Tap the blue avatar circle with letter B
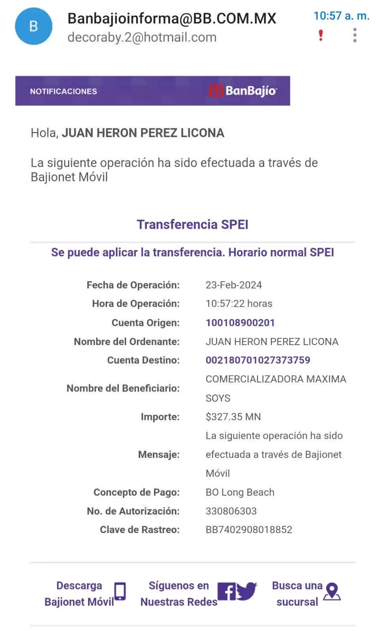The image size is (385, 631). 34,26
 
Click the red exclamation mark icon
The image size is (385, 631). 321,35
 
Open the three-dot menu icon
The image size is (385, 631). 355,35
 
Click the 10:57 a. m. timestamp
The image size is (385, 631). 342,16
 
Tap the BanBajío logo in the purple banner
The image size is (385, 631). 243,91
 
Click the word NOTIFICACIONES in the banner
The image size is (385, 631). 64,91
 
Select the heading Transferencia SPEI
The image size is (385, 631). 193,224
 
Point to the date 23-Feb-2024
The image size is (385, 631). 233,285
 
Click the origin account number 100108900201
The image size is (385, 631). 240,323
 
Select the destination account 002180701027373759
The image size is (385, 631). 258,360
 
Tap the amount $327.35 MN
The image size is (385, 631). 233,416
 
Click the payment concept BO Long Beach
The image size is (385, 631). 240,492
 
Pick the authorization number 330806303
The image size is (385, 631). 231,511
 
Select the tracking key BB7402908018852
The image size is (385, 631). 249,530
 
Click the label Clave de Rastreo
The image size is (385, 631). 140,530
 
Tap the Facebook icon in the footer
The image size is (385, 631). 227,591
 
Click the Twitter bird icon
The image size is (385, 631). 247,591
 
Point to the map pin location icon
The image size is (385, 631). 332,591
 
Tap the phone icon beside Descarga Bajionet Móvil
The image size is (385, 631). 120,591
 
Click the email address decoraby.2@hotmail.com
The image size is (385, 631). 142,37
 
